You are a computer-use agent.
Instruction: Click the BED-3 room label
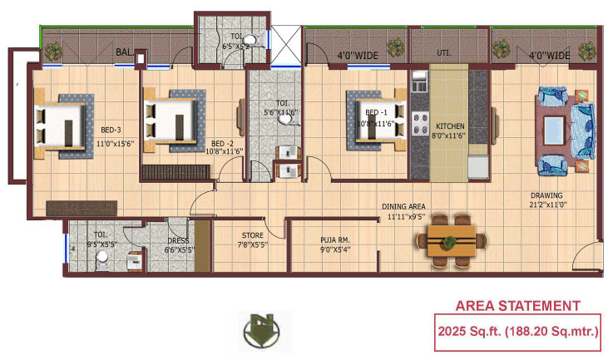pos(111,130)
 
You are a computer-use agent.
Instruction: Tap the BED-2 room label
pos(222,142)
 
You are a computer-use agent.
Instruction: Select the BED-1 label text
pos(377,111)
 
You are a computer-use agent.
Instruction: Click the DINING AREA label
pos(404,206)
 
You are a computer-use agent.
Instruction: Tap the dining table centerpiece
pos(450,241)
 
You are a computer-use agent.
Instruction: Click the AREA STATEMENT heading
pos(518,306)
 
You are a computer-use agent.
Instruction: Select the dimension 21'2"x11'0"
pos(548,207)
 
